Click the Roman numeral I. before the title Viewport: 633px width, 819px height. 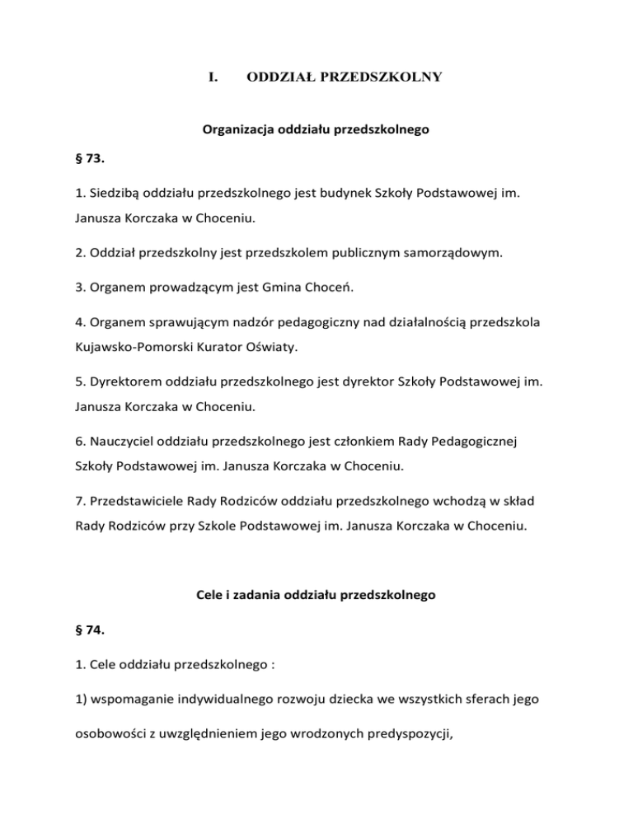click(213, 77)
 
